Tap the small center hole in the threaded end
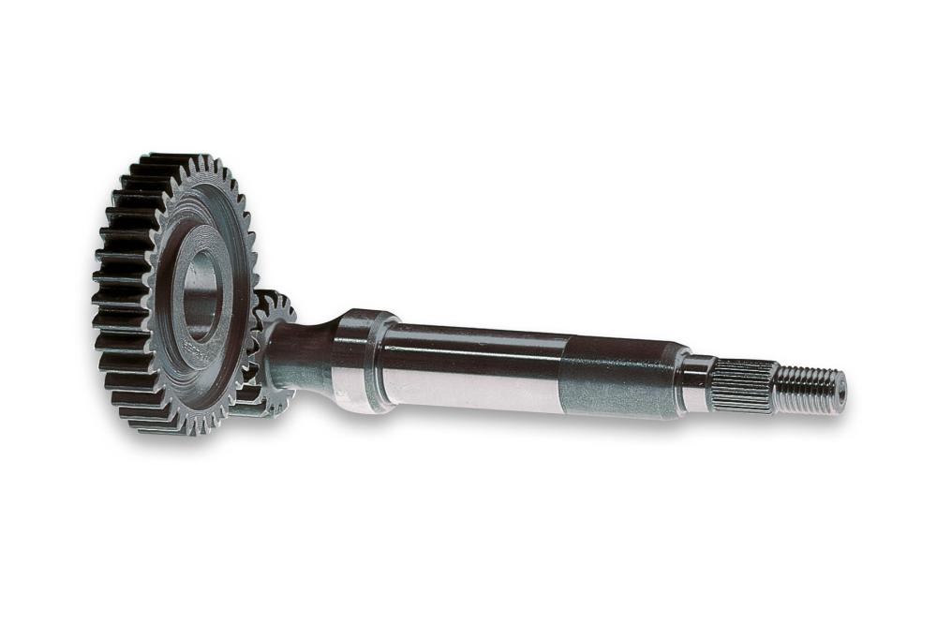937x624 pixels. coord(841,393)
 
